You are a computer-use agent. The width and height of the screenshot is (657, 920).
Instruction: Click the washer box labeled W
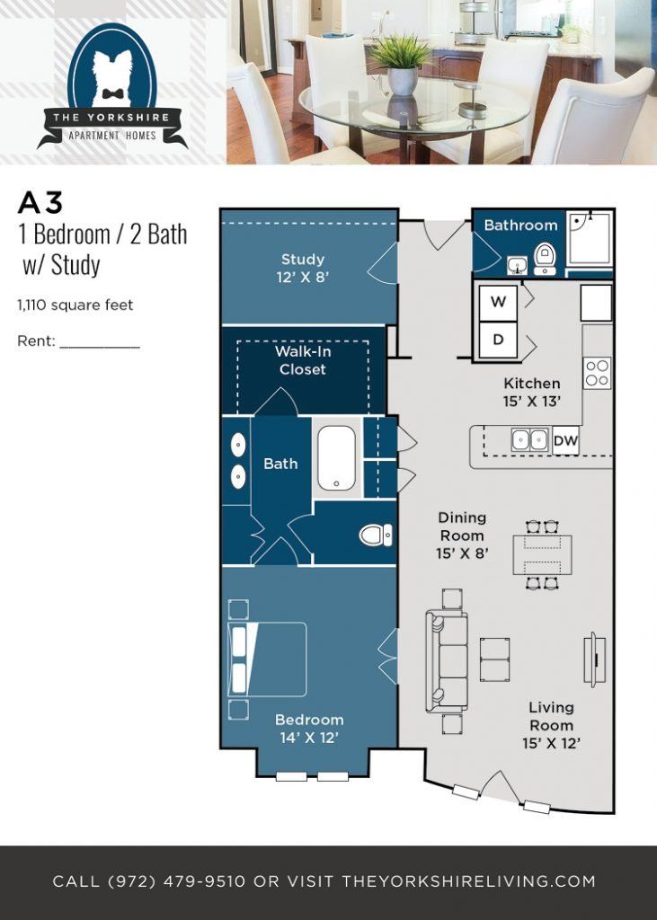pos(498,302)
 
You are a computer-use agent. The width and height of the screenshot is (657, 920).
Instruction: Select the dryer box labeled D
pos(498,341)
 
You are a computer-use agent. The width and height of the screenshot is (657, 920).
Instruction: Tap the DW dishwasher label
pos(565,440)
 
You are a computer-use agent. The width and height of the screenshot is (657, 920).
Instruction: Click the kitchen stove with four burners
pos(598,372)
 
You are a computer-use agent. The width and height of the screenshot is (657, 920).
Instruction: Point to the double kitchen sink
pos(529,440)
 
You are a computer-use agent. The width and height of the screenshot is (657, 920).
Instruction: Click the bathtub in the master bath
pos(337,457)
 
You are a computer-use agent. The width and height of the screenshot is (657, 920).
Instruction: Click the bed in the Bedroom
pos(267,659)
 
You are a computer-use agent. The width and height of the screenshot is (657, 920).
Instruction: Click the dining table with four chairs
pos(542,554)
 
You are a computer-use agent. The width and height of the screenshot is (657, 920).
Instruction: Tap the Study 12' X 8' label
pos(302,269)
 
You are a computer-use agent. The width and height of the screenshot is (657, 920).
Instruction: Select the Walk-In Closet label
pos(302,360)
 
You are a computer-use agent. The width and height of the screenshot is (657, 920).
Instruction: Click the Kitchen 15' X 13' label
pos(531,393)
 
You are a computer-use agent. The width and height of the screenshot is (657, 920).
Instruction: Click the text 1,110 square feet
pos(75,305)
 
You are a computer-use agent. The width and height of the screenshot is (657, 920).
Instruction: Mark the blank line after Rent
pos(100,342)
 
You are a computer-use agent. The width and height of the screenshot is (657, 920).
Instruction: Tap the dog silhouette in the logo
pos(112,77)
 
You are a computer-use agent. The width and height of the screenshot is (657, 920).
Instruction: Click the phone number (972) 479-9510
pos(176,881)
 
